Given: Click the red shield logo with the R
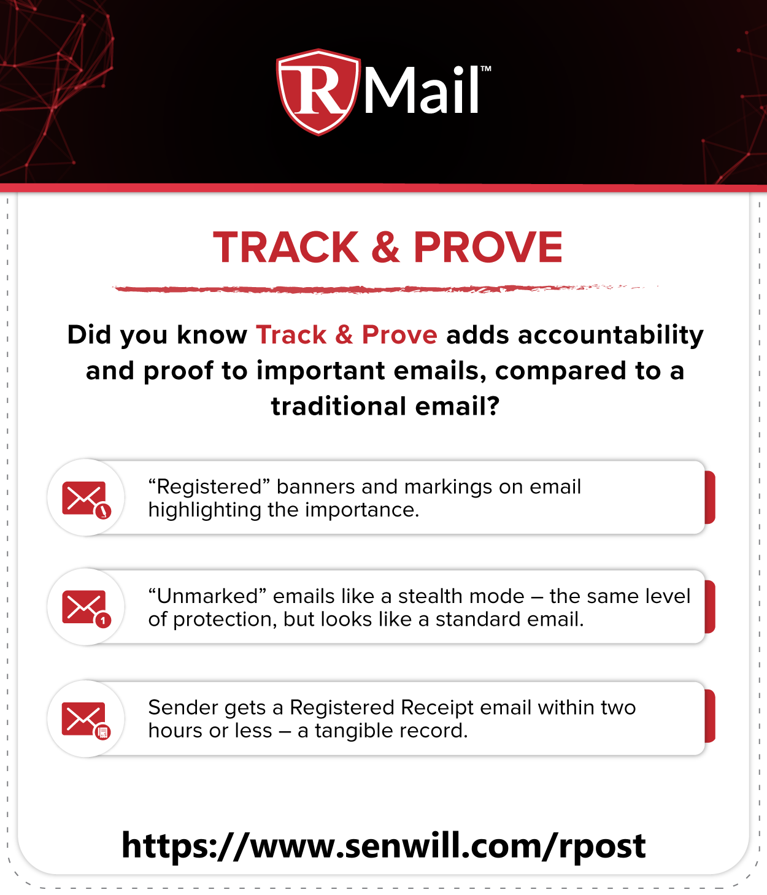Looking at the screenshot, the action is [x=318, y=92].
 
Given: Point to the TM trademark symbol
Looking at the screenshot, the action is [x=485, y=69].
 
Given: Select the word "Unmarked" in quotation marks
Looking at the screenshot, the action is [x=207, y=596].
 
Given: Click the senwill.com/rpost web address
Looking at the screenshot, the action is [x=383, y=846].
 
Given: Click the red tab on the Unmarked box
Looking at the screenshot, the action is [x=710, y=607].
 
